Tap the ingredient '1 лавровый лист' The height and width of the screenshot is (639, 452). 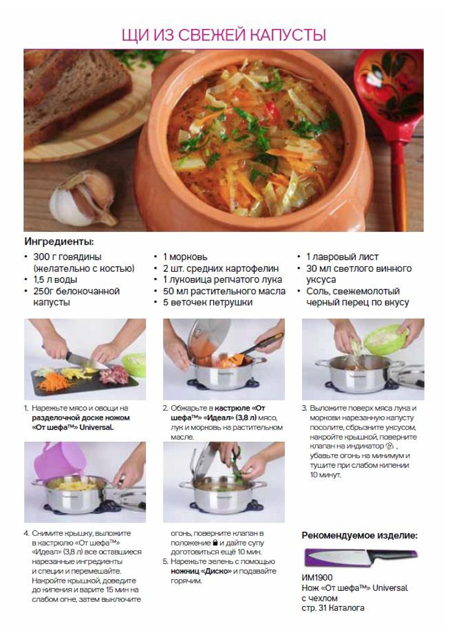pyautogui.click(x=342, y=257)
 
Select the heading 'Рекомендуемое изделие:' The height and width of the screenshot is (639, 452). pyautogui.click(x=360, y=535)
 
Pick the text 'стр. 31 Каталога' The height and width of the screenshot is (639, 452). pyautogui.click(x=333, y=607)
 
